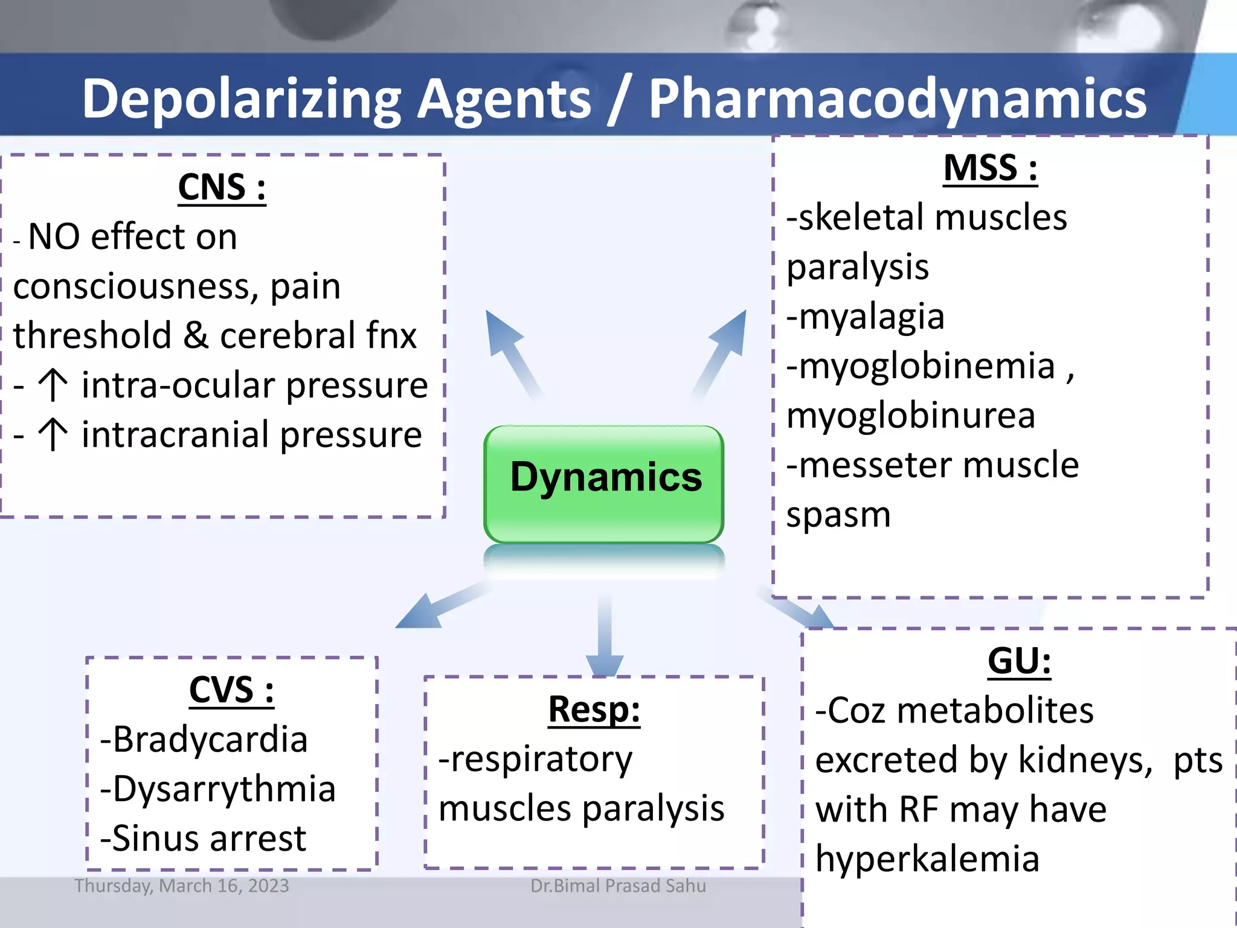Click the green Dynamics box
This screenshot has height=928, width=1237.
click(x=604, y=483)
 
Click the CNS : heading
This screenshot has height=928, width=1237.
click(x=222, y=188)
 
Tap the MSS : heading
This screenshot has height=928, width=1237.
click(x=990, y=168)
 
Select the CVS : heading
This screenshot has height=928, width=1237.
click(x=231, y=690)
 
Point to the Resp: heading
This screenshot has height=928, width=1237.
click(x=594, y=709)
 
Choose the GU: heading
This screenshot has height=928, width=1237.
click(x=1019, y=661)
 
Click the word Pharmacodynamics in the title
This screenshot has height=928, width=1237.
click(x=897, y=98)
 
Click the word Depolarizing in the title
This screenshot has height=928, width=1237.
click(x=242, y=98)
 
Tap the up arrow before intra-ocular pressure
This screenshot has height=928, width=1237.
click(x=53, y=385)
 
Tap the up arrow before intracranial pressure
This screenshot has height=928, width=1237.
click(x=53, y=434)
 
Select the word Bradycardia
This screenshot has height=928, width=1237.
click(x=210, y=739)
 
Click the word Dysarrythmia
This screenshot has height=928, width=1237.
click(x=223, y=789)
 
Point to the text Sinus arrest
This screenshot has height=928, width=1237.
click(x=208, y=839)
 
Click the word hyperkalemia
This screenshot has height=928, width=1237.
click(x=927, y=859)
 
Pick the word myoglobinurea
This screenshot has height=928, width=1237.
click(x=910, y=416)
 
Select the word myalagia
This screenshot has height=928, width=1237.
click(x=871, y=317)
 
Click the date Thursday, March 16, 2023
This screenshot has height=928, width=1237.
click(x=181, y=886)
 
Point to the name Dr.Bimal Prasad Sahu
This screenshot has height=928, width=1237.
click(x=618, y=886)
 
